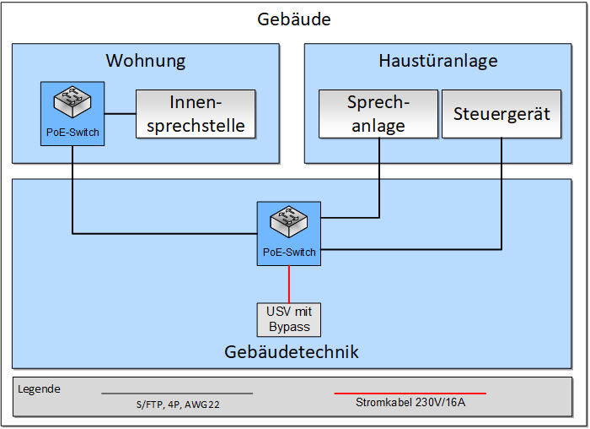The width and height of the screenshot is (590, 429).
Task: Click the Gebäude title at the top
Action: click(x=294, y=19)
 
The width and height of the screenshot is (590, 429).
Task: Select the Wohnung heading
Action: click(x=145, y=61)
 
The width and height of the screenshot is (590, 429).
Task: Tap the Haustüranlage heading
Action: click(x=437, y=61)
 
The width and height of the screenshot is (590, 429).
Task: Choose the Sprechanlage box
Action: click(x=378, y=114)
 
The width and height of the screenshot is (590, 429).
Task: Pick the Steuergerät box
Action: click(x=501, y=113)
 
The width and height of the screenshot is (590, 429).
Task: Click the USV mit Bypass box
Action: click(x=288, y=319)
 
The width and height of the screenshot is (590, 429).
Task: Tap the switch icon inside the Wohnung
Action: click(x=72, y=103)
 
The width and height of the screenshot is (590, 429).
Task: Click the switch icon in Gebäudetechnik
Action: click(x=288, y=222)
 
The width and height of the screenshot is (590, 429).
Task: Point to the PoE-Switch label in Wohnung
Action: click(x=72, y=132)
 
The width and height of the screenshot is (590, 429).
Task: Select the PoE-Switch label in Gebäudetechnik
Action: click(x=289, y=252)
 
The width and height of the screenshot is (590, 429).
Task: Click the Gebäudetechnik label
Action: click(x=292, y=351)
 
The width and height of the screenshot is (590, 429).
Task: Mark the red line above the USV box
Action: click(x=289, y=283)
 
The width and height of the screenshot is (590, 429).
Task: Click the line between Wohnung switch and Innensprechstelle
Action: click(x=120, y=114)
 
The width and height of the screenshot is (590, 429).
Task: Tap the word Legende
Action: click(x=39, y=389)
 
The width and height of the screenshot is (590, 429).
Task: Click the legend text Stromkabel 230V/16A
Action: click(x=410, y=403)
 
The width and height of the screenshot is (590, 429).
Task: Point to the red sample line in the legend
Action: click(x=410, y=393)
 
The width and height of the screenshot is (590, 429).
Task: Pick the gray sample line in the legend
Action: click(x=176, y=393)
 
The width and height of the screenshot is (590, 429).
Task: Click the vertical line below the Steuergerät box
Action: click(x=502, y=194)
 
